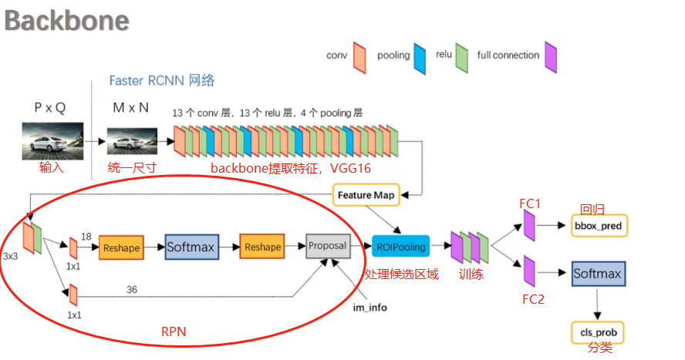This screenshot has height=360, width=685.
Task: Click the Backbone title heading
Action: pyautogui.click(x=67, y=21)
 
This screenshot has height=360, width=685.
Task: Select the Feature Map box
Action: pyautogui.click(x=366, y=195)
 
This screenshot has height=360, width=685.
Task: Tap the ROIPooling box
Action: pyautogui.click(x=400, y=247)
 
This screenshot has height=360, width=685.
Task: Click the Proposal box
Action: pyautogui.click(x=328, y=246)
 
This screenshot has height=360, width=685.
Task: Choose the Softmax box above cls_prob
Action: pyautogui.click(x=598, y=274)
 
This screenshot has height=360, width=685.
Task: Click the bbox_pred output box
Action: pyautogui.click(x=599, y=226)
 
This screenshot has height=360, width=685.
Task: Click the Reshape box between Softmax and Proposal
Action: pyautogui.click(x=262, y=247)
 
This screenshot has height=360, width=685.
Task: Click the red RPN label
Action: pyautogui.click(x=174, y=332)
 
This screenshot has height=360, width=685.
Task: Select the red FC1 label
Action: pyautogui.click(x=531, y=204)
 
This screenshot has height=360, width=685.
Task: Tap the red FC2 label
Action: pyautogui.click(x=533, y=299)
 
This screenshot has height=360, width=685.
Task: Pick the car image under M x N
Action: pyautogui.click(x=132, y=142)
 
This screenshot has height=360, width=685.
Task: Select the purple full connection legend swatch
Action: pyautogui.click(x=551, y=56)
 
